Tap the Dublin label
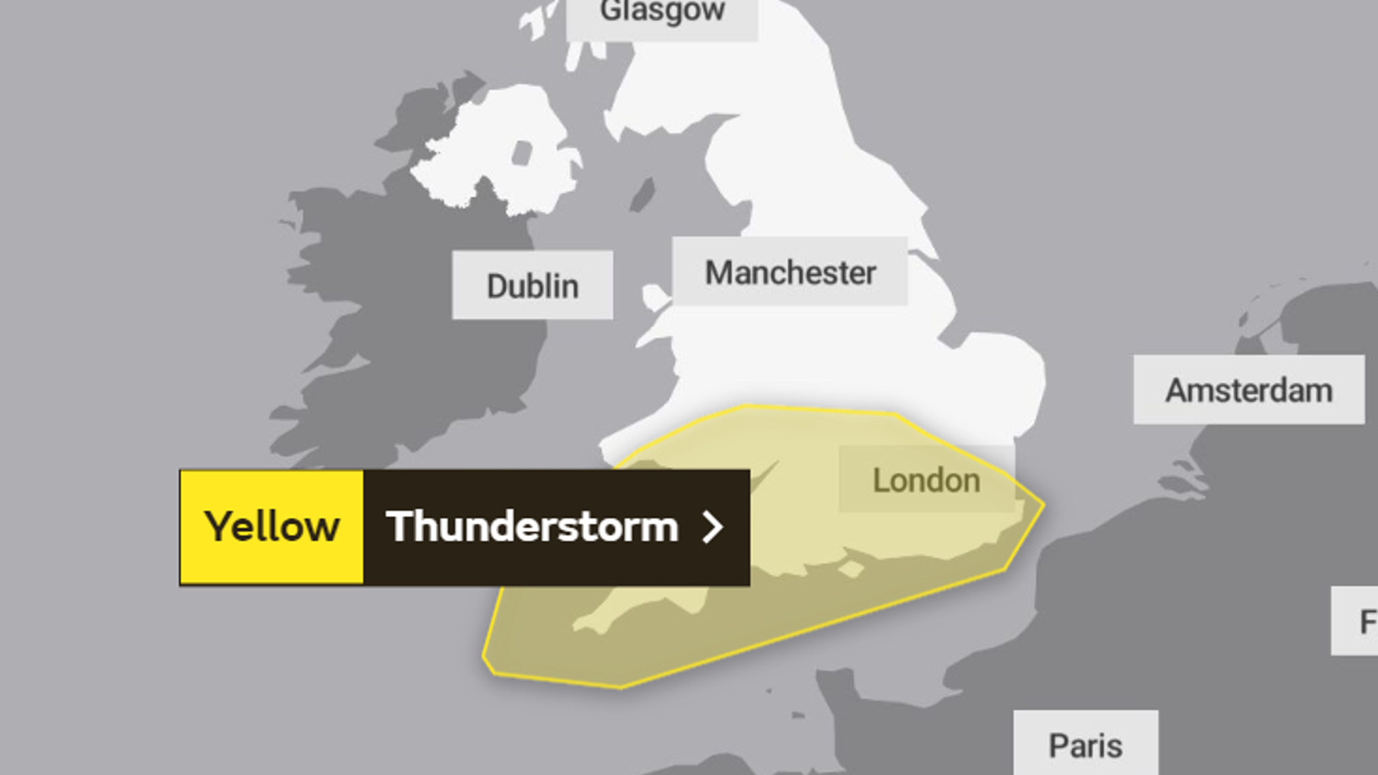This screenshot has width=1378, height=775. [x=532, y=286]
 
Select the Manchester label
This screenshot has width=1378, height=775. [x=790, y=272]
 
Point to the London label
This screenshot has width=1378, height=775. [x=926, y=480]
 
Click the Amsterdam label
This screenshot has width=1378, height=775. [x=1249, y=390]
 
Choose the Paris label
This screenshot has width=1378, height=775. [x=1085, y=745]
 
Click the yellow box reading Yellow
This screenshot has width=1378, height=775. [x=272, y=527]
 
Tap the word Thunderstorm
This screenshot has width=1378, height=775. [x=532, y=527]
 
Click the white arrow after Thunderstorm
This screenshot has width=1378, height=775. [x=712, y=527]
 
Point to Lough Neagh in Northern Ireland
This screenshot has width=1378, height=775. [x=521, y=153]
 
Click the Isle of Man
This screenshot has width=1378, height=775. [x=643, y=194]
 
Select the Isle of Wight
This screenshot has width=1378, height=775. [x=851, y=570]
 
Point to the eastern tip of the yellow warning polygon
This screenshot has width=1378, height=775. [x=1043, y=505]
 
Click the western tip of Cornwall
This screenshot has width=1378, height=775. [x=577, y=627]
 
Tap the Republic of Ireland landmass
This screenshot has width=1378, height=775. [x=404, y=303]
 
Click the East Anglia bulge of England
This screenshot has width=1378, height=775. [x=996, y=377]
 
